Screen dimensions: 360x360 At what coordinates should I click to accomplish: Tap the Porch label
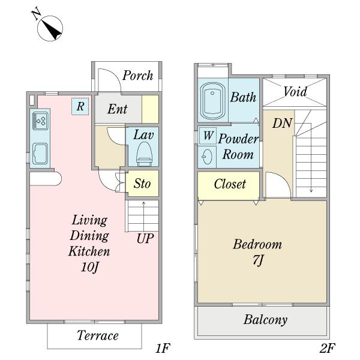[x=137, y=76]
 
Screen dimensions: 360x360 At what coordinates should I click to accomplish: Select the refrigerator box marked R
[x=80, y=107]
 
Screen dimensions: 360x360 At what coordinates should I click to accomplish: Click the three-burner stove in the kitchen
[x=40, y=121]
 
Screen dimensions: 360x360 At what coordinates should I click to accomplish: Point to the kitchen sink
[x=40, y=154]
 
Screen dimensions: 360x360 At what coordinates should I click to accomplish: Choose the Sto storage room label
[x=142, y=184]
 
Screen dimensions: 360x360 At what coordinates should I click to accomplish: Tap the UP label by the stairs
[x=145, y=239]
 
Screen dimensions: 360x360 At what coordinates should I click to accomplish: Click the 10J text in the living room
[x=89, y=267]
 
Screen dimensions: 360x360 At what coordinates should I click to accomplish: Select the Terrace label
[x=98, y=335]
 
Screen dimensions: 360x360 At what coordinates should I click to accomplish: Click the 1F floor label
[x=163, y=348]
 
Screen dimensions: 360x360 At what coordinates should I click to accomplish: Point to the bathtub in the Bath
[x=212, y=101]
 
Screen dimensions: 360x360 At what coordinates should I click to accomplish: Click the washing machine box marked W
[x=208, y=136]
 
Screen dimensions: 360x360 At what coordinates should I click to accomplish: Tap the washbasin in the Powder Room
[x=207, y=157]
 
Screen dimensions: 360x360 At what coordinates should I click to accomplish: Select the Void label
[x=295, y=91]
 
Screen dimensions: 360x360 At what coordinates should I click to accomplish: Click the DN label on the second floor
[x=283, y=123]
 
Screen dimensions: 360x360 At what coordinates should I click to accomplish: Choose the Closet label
[x=230, y=184]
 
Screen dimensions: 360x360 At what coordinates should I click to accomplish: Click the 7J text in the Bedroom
[x=257, y=260]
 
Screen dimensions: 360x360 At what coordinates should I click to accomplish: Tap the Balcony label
[x=265, y=320]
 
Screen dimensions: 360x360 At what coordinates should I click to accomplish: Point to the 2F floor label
[x=327, y=348]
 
